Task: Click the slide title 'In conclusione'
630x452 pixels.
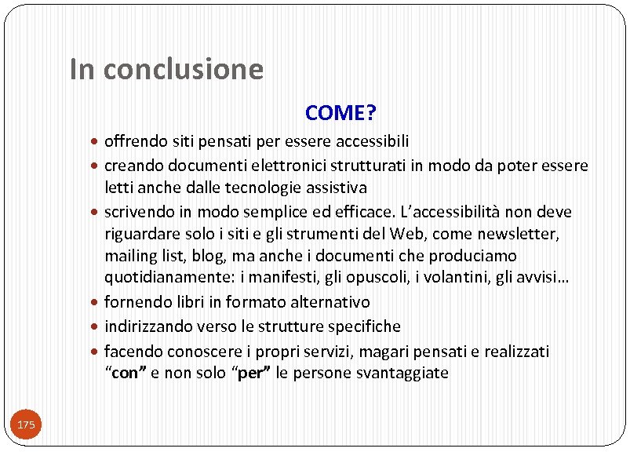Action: (x=166, y=69)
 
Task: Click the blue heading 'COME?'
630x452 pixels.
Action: (x=340, y=114)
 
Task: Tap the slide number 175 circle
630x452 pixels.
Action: (x=26, y=425)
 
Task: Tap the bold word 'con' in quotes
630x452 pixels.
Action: (x=125, y=374)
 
